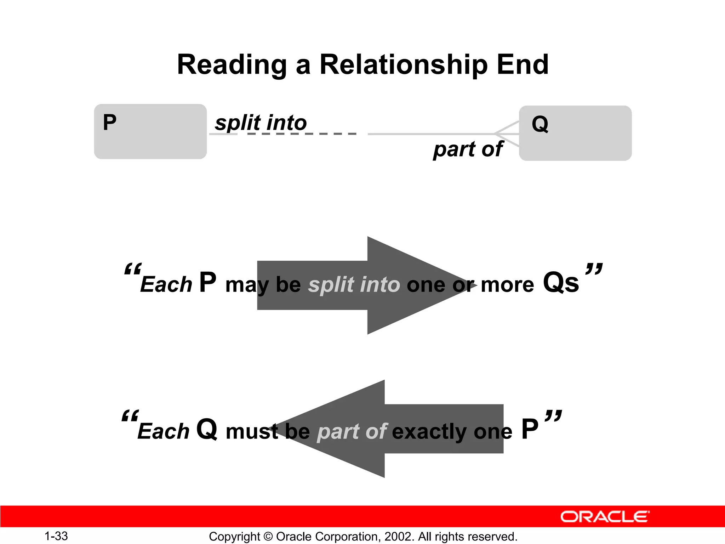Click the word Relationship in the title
pyautogui.click(x=404, y=65)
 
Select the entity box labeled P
pyautogui.click(x=150, y=132)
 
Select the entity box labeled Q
pyautogui.click(x=575, y=133)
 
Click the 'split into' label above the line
pyautogui.click(x=261, y=123)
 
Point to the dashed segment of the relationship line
pyautogui.click(x=301, y=134)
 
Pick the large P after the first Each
pyautogui.click(x=208, y=282)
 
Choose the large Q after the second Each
pyautogui.click(x=207, y=429)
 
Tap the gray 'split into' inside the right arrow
pyautogui.click(x=354, y=285)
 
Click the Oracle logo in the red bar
pyautogui.click(x=605, y=517)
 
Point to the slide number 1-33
pyautogui.click(x=56, y=536)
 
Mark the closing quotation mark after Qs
pyautogui.click(x=594, y=269)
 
